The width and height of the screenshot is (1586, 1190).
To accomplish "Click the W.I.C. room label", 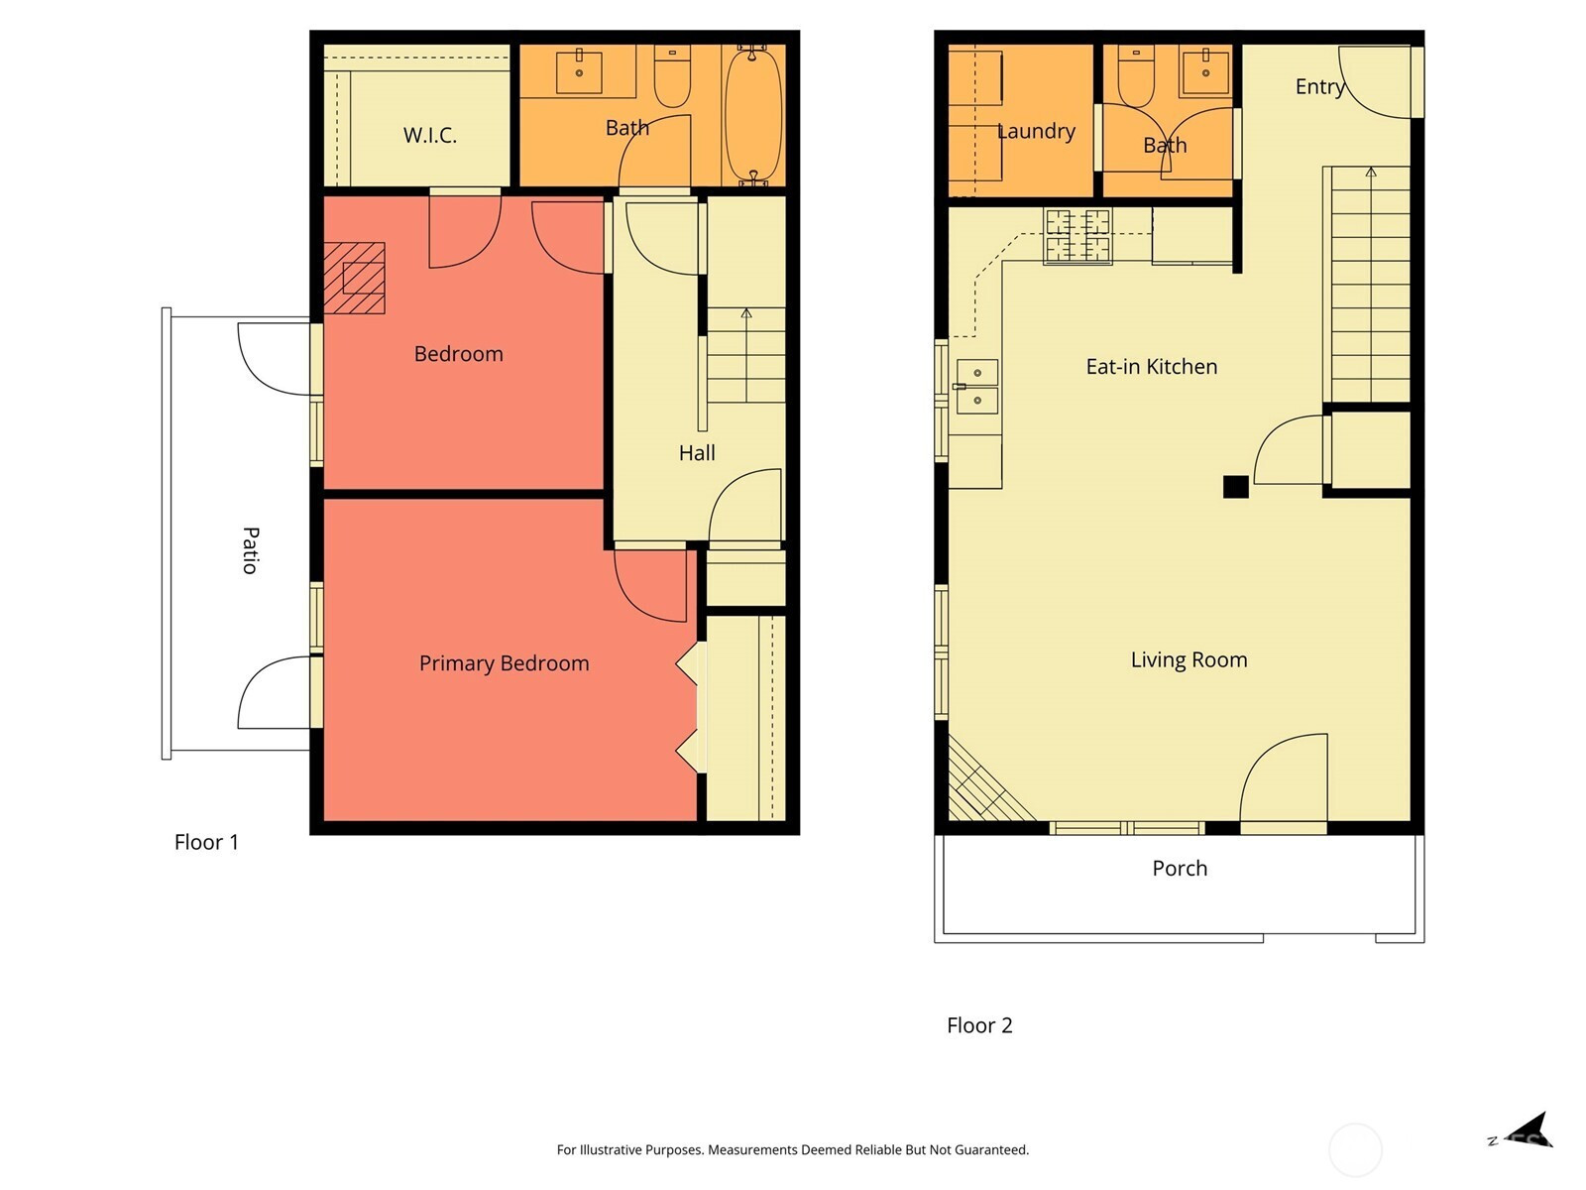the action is point(430,135).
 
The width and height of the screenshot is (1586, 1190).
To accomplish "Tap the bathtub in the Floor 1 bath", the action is point(753,116).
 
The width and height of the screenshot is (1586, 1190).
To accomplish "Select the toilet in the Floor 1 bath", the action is point(672,75).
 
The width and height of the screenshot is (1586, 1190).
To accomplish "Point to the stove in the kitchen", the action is point(1077,236).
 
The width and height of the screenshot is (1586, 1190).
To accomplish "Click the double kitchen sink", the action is point(977,388).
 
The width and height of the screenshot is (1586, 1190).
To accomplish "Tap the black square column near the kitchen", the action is point(1235,486).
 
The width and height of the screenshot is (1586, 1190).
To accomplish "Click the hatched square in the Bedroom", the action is point(354,279).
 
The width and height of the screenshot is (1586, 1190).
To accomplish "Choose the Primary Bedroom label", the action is point(505,663).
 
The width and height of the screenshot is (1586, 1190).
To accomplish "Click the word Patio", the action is point(250,550).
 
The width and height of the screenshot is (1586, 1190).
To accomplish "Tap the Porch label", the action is point(1180,868).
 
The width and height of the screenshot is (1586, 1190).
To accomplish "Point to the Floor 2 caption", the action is point(979,1025).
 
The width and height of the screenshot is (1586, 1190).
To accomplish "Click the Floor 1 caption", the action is point(206,842).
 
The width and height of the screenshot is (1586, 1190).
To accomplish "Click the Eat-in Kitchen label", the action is point(1152,366).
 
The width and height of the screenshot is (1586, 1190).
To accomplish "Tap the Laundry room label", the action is point(1036,132).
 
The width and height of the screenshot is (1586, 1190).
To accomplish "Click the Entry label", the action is point(1320,87).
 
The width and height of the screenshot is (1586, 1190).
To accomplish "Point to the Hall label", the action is point(697,453).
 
